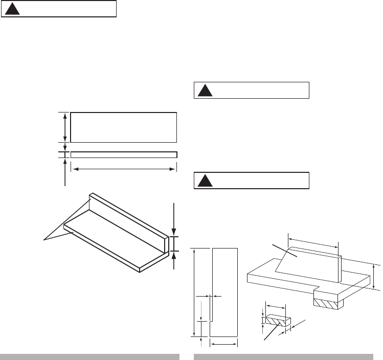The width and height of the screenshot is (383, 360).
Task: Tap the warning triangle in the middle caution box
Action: (205, 91)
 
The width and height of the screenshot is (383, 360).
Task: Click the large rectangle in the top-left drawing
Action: (123, 126)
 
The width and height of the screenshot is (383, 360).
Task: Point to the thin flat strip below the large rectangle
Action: (123, 154)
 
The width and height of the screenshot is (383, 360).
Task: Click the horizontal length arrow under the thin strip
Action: (123, 168)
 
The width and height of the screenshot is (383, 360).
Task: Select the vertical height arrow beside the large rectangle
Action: (64, 127)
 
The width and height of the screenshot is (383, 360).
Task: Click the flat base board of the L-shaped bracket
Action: (112, 240)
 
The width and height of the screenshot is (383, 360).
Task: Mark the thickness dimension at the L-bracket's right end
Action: (175, 244)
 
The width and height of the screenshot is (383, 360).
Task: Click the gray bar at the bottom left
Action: (89, 356)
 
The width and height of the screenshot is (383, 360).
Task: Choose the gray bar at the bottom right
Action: (283, 356)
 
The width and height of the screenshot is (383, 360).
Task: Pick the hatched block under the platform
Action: (326, 303)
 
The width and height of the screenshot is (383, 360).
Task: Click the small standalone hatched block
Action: (275, 321)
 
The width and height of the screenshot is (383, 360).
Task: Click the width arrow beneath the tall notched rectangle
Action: (224, 345)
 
